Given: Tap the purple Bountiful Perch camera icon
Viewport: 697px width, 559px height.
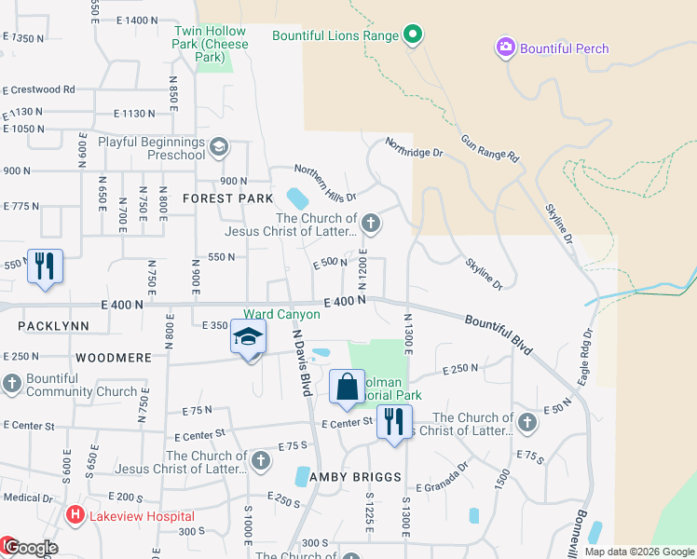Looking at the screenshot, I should [506, 48].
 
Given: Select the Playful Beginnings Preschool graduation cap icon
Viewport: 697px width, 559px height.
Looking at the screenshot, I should [219, 146].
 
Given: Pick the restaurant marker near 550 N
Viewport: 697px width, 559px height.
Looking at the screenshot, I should [45, 266].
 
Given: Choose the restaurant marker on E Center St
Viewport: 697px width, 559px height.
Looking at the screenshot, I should [394, 424].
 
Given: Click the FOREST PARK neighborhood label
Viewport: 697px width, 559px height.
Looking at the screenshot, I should [228, 198].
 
